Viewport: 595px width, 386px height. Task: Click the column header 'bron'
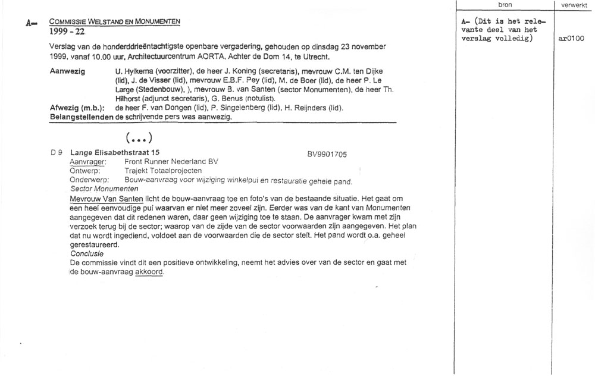505,5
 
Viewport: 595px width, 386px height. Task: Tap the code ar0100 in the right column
572,39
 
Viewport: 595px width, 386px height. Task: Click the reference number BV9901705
327,153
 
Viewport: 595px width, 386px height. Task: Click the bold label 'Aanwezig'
68,71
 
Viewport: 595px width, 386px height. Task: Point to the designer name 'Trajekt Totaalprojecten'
164,171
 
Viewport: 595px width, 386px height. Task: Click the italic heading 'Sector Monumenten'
104,189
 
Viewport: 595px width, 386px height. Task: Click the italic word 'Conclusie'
87,253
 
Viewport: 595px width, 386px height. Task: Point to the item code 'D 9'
57,153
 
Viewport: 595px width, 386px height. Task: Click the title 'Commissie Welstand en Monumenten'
115,21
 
